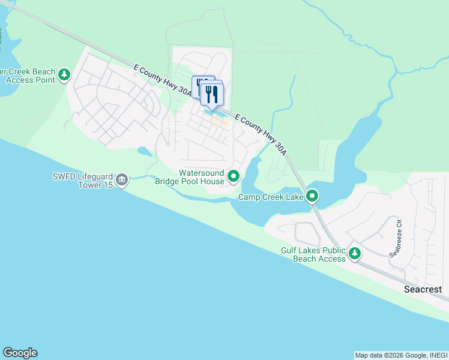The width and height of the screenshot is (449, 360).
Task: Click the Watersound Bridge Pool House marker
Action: tap(234, 176)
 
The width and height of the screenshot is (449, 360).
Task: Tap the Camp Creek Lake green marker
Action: tap(312, 196)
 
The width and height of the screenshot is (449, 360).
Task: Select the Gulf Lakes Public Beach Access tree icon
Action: tap(355, 254)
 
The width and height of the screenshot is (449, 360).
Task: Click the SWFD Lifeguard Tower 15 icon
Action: tap(122, 179)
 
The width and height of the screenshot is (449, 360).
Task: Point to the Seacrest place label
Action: tap(423, 289)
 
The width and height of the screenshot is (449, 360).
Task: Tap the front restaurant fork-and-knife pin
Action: tap(212, 95)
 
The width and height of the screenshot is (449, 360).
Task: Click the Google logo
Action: tap(20, 353)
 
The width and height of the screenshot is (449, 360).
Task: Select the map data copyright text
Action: tap(401, 355)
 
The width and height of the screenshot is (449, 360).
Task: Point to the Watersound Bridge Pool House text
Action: tap(190, 176)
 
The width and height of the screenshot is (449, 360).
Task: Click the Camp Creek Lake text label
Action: tap(271, 197)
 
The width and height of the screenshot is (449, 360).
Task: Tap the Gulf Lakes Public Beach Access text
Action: tap(313, 254)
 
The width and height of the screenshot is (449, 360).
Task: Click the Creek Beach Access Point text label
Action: tap(28, 76)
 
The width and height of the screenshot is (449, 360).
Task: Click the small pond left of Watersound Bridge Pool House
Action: tap(145, 151)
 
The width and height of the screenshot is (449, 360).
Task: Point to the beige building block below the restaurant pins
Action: tap(220, 122)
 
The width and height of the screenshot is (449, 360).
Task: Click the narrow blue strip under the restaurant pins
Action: tap(215, 112)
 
